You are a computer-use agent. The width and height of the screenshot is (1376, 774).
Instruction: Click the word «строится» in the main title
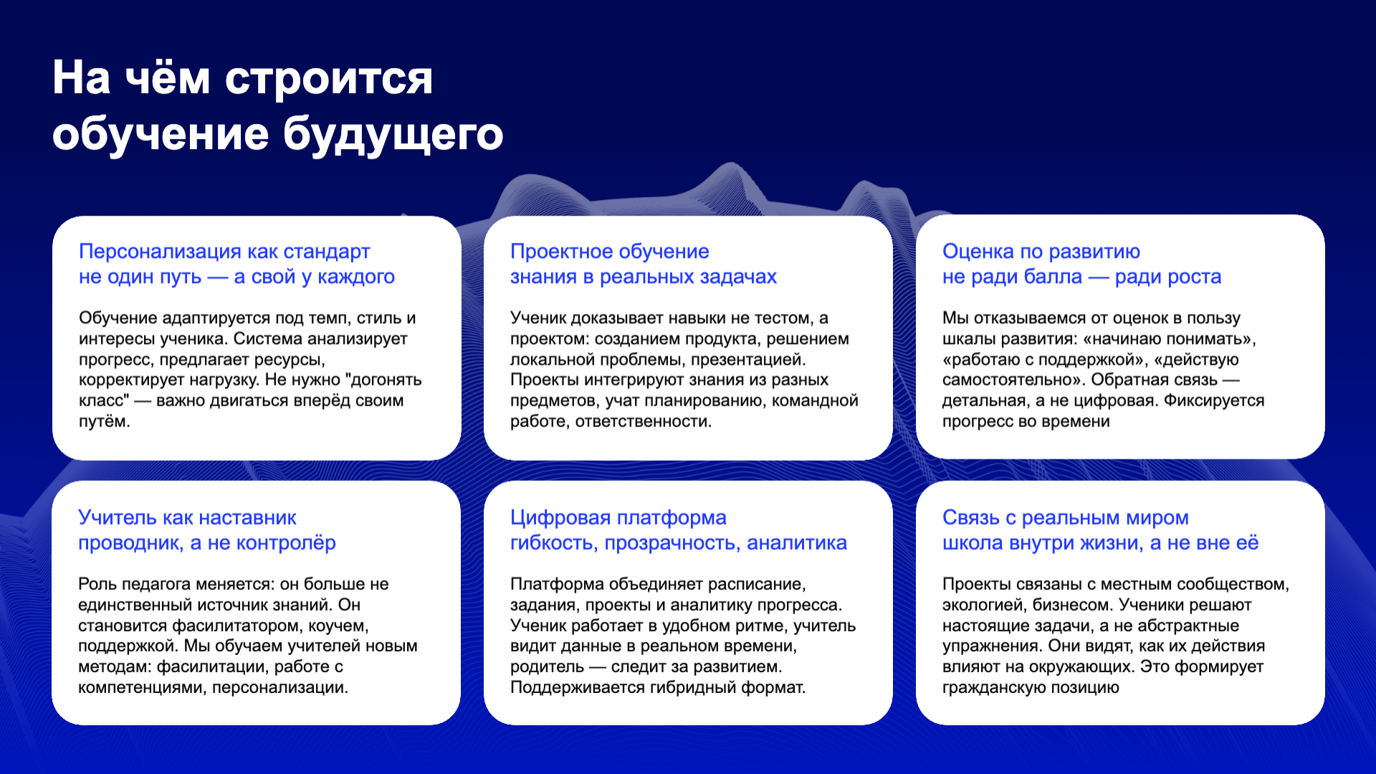click(x=329, y=79)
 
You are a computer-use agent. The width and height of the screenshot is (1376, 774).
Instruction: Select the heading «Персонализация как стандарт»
click(x=224, y=252)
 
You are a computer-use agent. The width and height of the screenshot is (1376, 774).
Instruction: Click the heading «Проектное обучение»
click(x=610, y=252)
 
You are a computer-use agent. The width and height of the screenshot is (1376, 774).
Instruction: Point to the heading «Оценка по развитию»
click(x=1041, y=252)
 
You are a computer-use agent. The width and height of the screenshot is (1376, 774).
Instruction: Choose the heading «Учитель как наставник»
click(x=187, y=517)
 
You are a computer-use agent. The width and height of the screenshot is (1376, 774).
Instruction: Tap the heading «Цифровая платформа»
click(x=618, y=517)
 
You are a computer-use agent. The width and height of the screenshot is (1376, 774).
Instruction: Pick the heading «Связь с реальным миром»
click(x=1066, y=517)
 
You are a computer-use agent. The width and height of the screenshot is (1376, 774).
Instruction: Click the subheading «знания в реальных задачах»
click(x=644, y=277)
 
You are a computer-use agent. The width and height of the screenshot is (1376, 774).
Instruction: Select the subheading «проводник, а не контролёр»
click(x=207, y=543)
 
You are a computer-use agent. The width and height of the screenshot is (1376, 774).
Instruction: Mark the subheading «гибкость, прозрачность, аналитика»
click(x=679, y=543)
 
